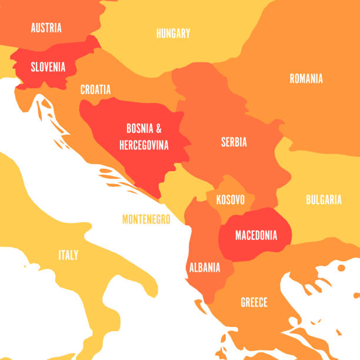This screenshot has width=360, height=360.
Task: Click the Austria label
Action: coord(46,28)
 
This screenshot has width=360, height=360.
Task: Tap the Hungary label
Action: coord(173,33)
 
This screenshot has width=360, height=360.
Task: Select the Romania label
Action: coord(306,78)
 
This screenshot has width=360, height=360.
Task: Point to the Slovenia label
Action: coord(48,67)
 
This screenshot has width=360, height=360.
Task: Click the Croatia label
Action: coord(95,90)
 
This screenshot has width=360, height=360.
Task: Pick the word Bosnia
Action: coord(139,128)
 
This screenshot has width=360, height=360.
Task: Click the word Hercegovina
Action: coord(144,145)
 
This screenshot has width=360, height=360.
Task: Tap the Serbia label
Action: coord(234,142)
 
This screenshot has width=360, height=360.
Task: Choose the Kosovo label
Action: coord(230,199)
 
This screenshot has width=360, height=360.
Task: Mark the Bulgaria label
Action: coord(324,200)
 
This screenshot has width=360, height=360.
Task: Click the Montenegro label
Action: coord(146,219)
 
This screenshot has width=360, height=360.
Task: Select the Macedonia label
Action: coord(256,235)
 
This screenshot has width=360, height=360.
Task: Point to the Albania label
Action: coord(205,268)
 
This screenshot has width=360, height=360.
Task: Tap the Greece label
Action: coord(254,302)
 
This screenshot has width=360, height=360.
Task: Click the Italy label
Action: coord(68,255)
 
